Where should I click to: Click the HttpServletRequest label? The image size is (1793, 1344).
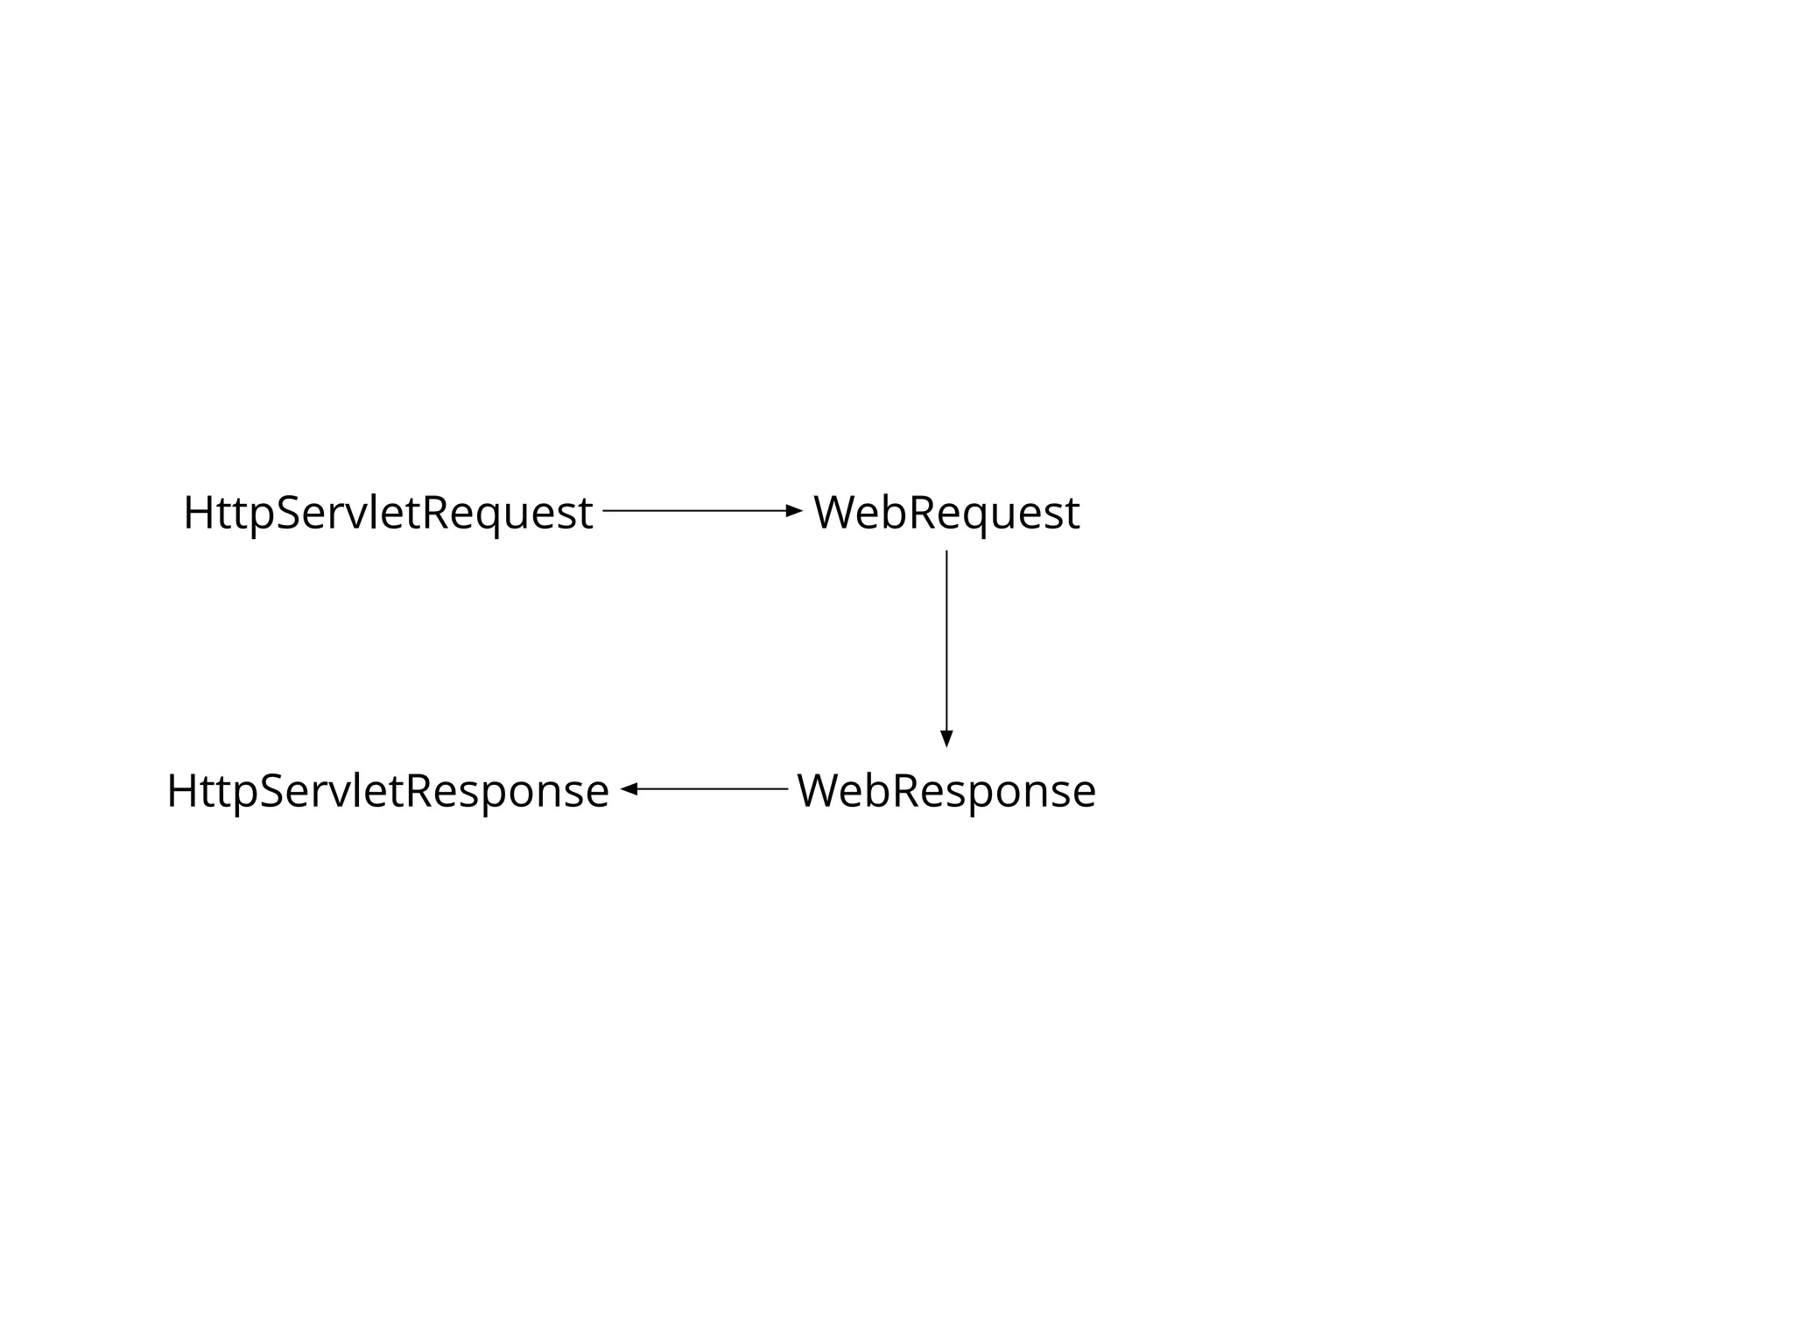pos(388,513)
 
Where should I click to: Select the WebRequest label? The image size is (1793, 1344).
pos(946,513)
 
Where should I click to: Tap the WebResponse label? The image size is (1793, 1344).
pos(946,791)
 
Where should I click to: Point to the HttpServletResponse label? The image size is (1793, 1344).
pos(388,791)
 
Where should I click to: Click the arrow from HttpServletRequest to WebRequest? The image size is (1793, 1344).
pos(700,510)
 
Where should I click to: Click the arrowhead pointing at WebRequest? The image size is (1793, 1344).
pos(794,510)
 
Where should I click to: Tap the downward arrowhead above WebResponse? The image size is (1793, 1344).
pos(946,738)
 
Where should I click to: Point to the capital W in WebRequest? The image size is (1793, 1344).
pos(839,513)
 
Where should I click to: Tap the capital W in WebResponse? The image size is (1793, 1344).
pos(822,791)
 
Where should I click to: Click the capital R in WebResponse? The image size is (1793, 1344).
pos(908,791)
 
